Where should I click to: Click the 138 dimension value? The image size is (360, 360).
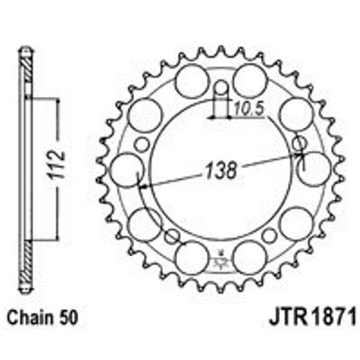pyautogui.click(x=220, y=170)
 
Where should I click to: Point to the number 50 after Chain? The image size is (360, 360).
pyautogui.click(x=67, y=319)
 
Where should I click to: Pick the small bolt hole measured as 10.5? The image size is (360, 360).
pyautogui.click(x=221, y=89)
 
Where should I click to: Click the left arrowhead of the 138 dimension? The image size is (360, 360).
pyautogui.click(x=142, y=186)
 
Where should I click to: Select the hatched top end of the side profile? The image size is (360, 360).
pyautogui.click(x=26, y=63)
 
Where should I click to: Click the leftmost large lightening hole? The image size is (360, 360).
pyautogui.click(x=126, y=170)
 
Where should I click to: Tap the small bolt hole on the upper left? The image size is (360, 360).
pyautogui.click(x=142, y=144)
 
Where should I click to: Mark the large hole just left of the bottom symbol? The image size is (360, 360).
pyautogui.click(x=190, y=258)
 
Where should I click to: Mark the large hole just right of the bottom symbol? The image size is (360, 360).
pyautogui.click(x=250, y=258)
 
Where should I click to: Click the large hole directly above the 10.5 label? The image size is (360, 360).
pyautogui.click(x=250, y=82)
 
